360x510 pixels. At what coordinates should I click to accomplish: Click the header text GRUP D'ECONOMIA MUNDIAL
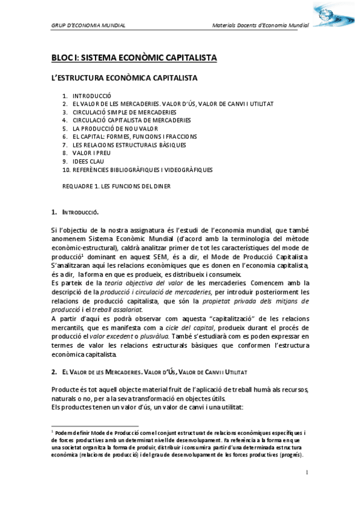[88, 26]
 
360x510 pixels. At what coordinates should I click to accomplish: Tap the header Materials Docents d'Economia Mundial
[261, 26]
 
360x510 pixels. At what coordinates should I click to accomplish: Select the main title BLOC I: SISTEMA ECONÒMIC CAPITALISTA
[133, 58]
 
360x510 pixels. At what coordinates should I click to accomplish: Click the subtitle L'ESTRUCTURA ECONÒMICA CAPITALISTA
[124, 78]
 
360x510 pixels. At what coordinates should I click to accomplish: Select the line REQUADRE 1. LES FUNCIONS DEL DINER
[117, 186]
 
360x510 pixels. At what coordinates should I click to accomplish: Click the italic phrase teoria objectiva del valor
[131, 282]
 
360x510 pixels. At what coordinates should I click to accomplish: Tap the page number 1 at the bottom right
[307, 472]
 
